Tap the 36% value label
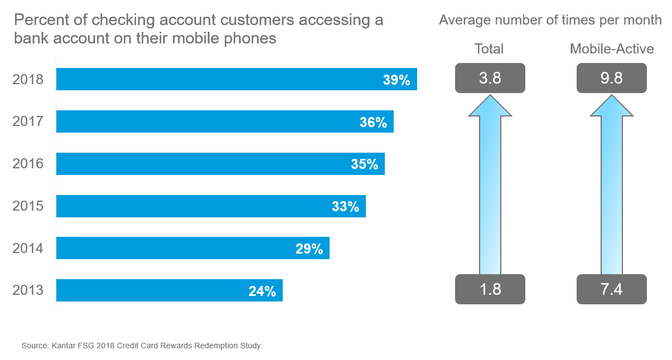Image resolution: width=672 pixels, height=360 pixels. tap(373, 122)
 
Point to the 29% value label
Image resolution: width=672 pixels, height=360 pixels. tap(309, 249)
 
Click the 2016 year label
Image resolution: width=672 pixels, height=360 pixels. tap(28, 164)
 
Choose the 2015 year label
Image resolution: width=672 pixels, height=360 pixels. tap(28, 206)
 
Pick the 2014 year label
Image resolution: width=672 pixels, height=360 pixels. tap(28, 248)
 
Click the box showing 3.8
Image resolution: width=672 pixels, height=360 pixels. tap(490, 78)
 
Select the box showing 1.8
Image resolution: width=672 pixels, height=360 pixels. tap(490, 289)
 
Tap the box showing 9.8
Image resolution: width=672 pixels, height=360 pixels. tap(611, 78)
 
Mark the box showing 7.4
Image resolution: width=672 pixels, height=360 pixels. tap(611, 289)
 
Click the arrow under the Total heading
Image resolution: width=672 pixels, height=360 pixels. tap(490, 184)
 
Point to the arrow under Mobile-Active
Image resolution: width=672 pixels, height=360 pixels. tap(611, 184)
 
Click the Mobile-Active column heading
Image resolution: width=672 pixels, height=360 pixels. tap(611, 49)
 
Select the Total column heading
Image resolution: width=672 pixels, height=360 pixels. tap(489, 49)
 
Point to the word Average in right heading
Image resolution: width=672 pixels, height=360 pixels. tap(462, 21)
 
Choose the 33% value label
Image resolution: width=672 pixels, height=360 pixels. tap(345, 207)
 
